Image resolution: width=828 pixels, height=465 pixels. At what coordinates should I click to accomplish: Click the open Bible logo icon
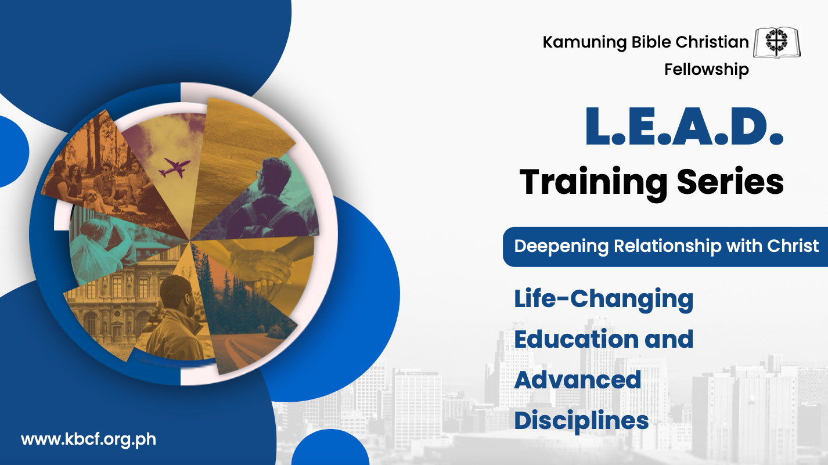[x=777, y=42]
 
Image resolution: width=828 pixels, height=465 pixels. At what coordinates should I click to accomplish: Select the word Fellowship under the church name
[x=707, y=70]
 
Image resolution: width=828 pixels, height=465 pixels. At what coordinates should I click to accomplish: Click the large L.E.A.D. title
[x=684, y=127]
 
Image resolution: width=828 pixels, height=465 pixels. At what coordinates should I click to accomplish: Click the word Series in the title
[x=730, y=182]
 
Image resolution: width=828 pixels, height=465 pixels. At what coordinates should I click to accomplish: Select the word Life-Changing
[x=604, y=300]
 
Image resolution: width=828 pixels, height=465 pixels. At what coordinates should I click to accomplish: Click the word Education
[x=576, y=339]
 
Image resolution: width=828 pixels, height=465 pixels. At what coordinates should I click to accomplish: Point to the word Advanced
[x=577, y=380]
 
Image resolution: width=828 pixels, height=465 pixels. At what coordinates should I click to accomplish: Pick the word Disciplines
[x=581, y=421]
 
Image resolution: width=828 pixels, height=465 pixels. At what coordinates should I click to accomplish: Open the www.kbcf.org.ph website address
[x=88, y=439]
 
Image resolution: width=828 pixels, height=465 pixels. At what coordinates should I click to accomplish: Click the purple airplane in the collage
[x=174, y=168]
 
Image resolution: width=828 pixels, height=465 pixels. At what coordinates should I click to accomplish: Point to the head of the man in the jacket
[x=178, y=294]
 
